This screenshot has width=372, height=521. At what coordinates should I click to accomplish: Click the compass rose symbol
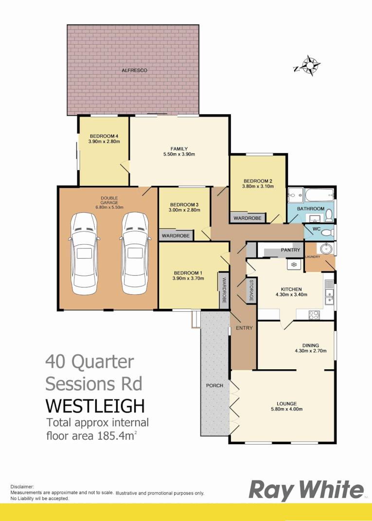pyautogui.click(x=308, y=66)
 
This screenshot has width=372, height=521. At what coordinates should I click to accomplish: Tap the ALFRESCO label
pyautogui.click(x=134, y=71)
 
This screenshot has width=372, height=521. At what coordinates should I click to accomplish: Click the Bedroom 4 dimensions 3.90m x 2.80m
pyautogui.click(x=104, y=142)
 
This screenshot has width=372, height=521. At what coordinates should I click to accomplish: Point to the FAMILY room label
pyautogui.click(x=179, y=149)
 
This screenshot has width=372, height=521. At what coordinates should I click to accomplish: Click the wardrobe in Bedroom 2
pyautogui.click(x=248, y=218)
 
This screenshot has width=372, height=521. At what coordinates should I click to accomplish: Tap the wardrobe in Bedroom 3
pyautogui.click(x=176, y=236)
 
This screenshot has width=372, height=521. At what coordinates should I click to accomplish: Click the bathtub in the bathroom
pyautogui.click(x=319, y=197)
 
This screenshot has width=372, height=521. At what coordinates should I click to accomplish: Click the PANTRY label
pyautogui.click(x=291, y=250)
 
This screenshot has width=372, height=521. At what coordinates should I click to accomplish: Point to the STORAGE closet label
pyautogui.click(x=251, y=290)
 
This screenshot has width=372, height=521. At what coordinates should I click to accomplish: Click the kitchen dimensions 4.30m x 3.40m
pyautogui.click(x=291, y=294)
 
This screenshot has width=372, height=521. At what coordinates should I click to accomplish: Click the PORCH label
pyautogui.click(x=214, y=385)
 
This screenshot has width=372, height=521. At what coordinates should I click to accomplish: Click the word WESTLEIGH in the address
pyautogui.click(x=95, y=405)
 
